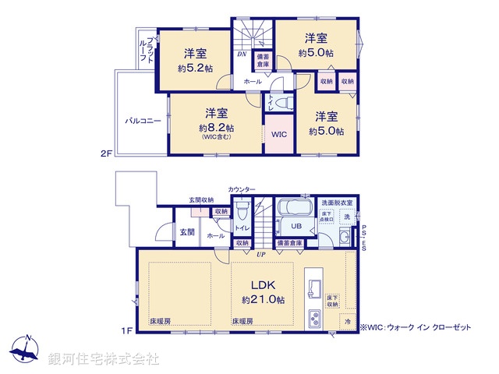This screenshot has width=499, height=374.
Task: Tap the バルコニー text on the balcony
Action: (141, 122)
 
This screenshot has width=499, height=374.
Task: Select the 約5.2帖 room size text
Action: (195, 68)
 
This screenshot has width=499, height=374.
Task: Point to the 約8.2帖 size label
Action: (216, 127)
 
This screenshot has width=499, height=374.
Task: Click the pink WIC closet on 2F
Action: (279, 134)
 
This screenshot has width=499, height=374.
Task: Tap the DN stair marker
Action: (242, 55)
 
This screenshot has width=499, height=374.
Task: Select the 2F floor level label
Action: (106, 153)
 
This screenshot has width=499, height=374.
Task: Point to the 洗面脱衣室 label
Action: (338, 203)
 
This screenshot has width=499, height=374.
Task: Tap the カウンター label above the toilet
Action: (242, 190)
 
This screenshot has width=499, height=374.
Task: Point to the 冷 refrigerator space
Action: (348, 320)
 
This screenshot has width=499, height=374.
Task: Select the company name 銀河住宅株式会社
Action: (104, 359)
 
